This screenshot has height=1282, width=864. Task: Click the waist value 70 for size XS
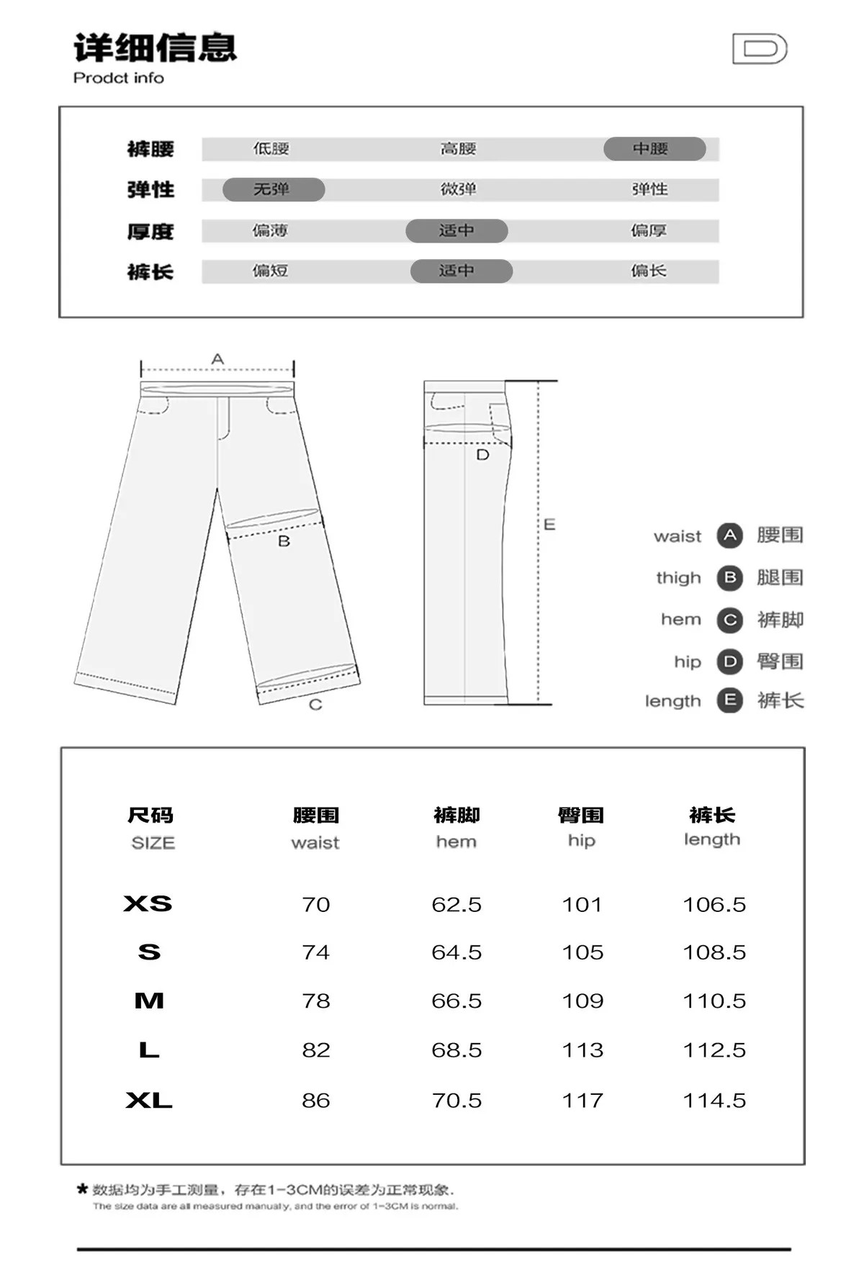(x=316, y=904)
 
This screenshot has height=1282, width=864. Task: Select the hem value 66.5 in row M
(x=456, y=1001)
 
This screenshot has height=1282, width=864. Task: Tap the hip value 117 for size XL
(x=582, y=1100)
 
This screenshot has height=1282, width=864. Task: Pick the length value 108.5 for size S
(x=714, y=952)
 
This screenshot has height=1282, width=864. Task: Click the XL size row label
(x=149, y=1100)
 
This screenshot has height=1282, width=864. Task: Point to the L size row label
(x=149, y=1050)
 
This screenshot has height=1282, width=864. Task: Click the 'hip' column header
(x=582, y=841)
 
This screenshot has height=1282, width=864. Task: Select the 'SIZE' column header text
(x=153, y=843)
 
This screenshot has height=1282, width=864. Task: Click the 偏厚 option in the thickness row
(x=649, y=230)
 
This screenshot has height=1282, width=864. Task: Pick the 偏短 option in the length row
(x=270, y=271)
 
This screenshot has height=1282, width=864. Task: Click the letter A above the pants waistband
(x=217, y=358)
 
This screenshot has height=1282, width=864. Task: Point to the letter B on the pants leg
(x=284, y=541)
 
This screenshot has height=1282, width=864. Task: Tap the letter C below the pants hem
(x=315, y=705)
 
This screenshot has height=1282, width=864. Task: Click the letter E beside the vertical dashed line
(x=549, y=524)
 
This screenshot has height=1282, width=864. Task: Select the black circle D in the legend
(x=729, y=662)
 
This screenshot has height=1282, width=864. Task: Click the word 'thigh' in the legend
(x=678, y=577)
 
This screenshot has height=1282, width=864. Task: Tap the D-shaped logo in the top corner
(x=760, y=49)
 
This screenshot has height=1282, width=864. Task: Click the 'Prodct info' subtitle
(x=119, y=78)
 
